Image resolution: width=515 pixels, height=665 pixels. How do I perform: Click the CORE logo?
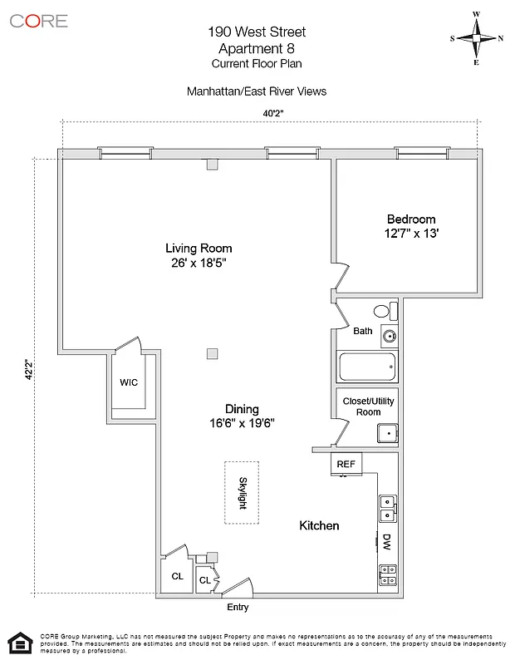pos(38,21)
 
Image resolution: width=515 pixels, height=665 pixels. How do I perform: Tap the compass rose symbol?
pos(477,38)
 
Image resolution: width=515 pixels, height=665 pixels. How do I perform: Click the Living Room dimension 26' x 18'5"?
pos(199,263)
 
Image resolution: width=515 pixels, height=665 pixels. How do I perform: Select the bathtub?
pos(367,367)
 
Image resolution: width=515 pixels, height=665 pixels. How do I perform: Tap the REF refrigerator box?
pos(346,464)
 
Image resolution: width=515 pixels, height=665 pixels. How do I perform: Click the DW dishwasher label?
pos(386,542)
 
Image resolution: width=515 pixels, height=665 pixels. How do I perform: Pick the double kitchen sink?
pos(387,506)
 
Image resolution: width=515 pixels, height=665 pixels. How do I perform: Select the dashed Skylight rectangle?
pos(242,492)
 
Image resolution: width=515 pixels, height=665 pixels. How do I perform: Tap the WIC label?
pos(129,382)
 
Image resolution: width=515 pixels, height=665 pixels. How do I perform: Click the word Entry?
pos(238,608)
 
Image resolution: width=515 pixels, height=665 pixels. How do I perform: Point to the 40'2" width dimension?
pos(271,114)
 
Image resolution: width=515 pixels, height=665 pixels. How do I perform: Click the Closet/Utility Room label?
pos(368,406)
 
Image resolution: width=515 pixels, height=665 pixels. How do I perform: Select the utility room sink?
pos(387,434)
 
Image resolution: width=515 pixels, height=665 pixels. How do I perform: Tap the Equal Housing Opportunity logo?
pos(17,643)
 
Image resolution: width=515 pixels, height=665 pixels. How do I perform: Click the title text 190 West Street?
pos(257,32)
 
